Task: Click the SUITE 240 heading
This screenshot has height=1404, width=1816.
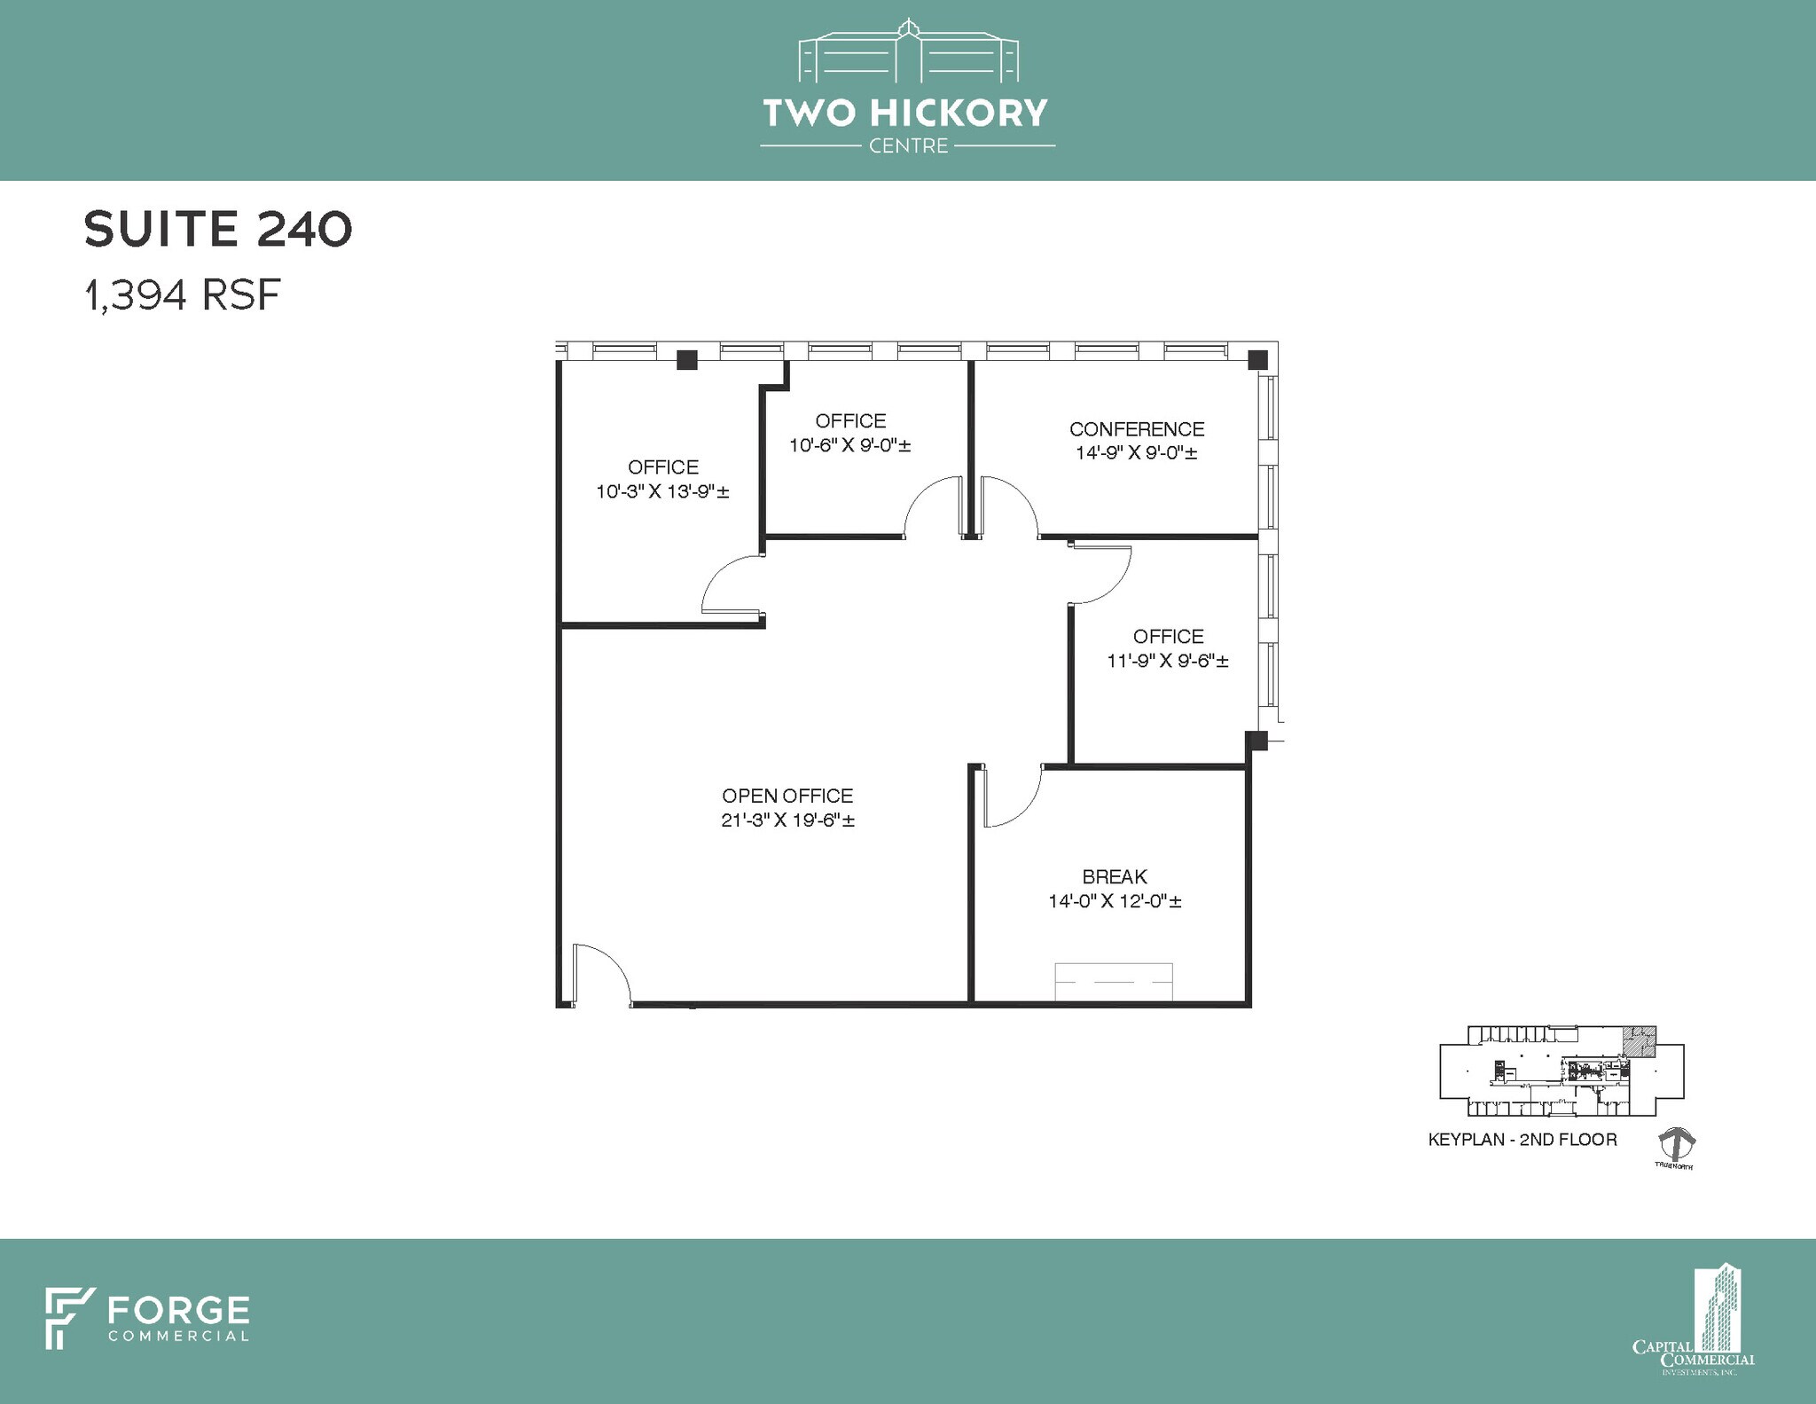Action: click(218, 229)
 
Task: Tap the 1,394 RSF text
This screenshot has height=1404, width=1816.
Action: click(183, 294)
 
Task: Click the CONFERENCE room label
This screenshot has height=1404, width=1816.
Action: click(1137, 429)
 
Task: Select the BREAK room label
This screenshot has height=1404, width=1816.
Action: click(1115, 876)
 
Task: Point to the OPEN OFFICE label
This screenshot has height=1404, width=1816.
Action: click(787, 796)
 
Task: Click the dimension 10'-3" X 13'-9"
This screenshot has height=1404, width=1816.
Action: click(662, 491)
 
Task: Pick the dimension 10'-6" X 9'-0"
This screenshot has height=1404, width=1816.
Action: click(850, 445)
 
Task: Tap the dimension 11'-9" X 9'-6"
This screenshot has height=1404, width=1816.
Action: click(1168, 661)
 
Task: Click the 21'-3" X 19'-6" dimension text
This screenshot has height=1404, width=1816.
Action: click(787, 820)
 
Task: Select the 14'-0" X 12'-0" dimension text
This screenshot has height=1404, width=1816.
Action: click(1115, 901)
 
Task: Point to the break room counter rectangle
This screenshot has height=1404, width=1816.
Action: click(1113, 982)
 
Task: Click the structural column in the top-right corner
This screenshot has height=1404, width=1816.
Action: click(1257, 360)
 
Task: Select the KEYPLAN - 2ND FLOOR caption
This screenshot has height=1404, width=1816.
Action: click(1522, 1140)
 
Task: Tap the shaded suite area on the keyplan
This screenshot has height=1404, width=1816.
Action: click(1640, 1042)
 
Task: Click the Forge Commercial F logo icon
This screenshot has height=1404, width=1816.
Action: click(69, 1318)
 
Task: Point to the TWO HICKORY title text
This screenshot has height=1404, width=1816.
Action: click(905, 114)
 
